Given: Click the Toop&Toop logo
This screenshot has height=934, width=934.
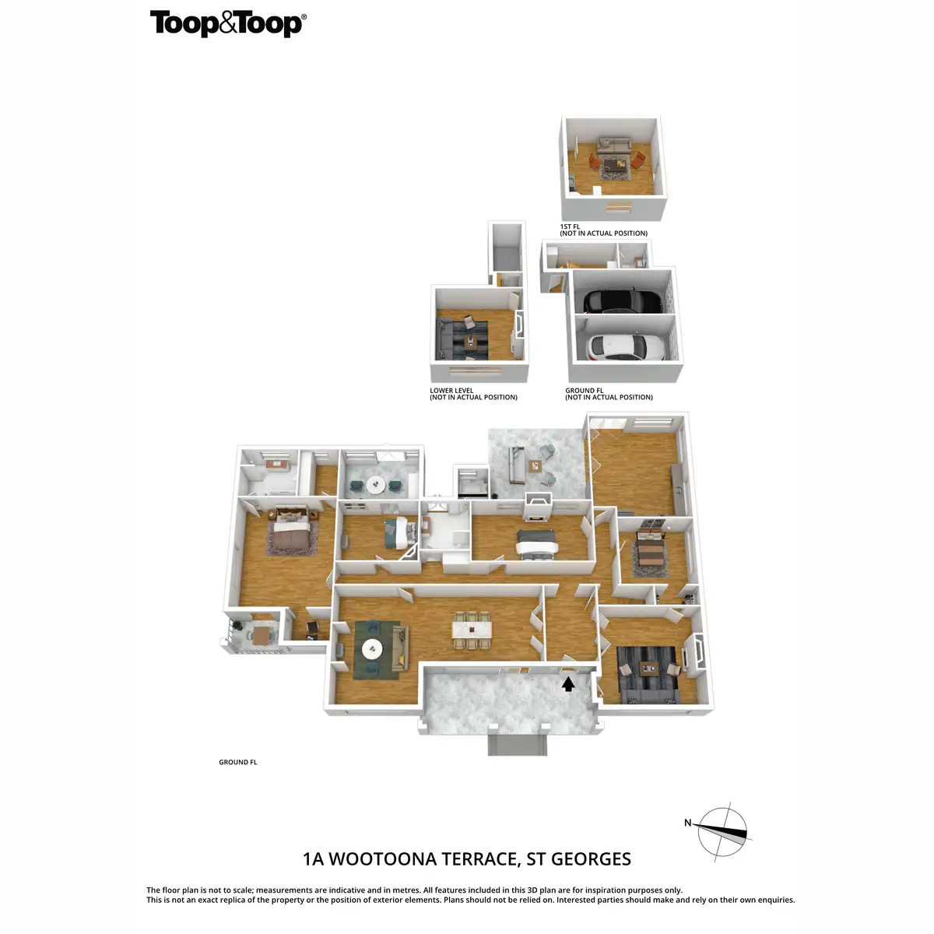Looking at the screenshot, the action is coord(227,23).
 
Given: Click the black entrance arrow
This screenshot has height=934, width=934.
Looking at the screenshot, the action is coord(568,683).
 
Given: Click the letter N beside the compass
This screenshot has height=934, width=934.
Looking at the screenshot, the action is coord(687,823).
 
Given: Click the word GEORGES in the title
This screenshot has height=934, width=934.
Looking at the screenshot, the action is coord(591,859).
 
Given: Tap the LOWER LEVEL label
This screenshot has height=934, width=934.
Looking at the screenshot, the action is coord(451,391).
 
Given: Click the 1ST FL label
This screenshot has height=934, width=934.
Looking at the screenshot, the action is coord(571,226).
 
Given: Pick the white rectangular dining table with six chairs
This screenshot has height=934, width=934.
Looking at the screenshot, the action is coord(473,629).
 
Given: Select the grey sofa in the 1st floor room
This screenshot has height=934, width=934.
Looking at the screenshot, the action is coord(613,145).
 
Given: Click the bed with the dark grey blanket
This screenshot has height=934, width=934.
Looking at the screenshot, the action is coord(535,543).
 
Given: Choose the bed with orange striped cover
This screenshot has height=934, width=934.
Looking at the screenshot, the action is coord(648,553).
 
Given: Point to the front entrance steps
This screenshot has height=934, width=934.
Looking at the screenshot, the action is coord(518,744).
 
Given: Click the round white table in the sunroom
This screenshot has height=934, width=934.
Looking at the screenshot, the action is coord(376,484).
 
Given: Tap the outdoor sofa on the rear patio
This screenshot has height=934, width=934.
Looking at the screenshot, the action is coord(514,464).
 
